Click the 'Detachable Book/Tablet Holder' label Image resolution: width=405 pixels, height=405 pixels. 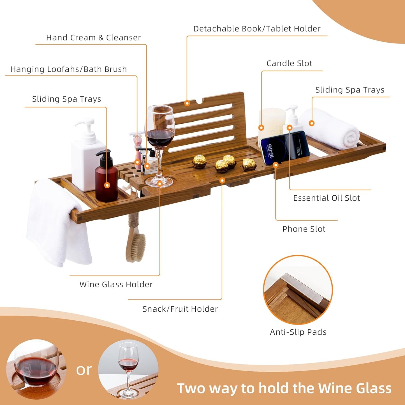[x=257, y=29]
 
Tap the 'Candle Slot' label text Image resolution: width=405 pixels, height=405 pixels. [x=289, y=64]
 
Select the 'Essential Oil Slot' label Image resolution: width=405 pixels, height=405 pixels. [x=327, y=198]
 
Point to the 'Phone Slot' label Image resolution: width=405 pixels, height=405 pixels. [x=304, y=229]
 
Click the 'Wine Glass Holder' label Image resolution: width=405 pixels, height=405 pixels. [x=116, y=284]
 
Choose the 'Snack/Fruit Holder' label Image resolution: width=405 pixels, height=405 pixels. [x=180, y=309]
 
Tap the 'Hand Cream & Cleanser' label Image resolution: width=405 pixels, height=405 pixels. [x=93, y=38]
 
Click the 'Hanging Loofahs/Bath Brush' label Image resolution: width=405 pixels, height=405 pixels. [x=68, y=70]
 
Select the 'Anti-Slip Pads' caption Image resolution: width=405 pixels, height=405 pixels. [x=298, y=332]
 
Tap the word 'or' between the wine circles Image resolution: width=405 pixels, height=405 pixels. [x=84, y=370]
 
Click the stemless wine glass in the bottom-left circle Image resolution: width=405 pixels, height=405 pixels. [x=35, y=367]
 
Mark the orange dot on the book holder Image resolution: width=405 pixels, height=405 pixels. [x=187, y=103]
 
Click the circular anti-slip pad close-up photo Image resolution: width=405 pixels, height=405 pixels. [x=298, y=290]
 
